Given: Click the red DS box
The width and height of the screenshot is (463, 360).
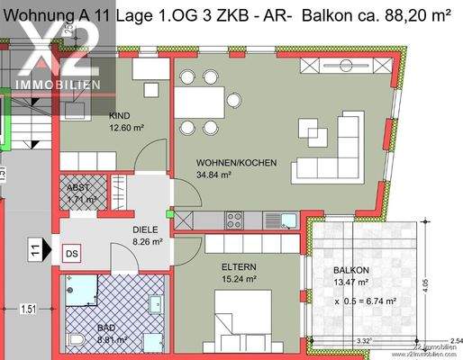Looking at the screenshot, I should tap(71, 255).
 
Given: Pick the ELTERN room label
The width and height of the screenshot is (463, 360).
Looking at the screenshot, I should tap(240, 267).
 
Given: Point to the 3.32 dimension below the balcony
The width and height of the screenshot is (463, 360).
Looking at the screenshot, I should tap(365, 340).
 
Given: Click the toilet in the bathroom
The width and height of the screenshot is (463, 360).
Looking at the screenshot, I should tap(79, 339).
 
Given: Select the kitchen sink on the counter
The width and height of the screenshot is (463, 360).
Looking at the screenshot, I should tap(283, 218).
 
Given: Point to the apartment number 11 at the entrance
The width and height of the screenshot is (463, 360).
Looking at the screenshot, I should tap(34, 247).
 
